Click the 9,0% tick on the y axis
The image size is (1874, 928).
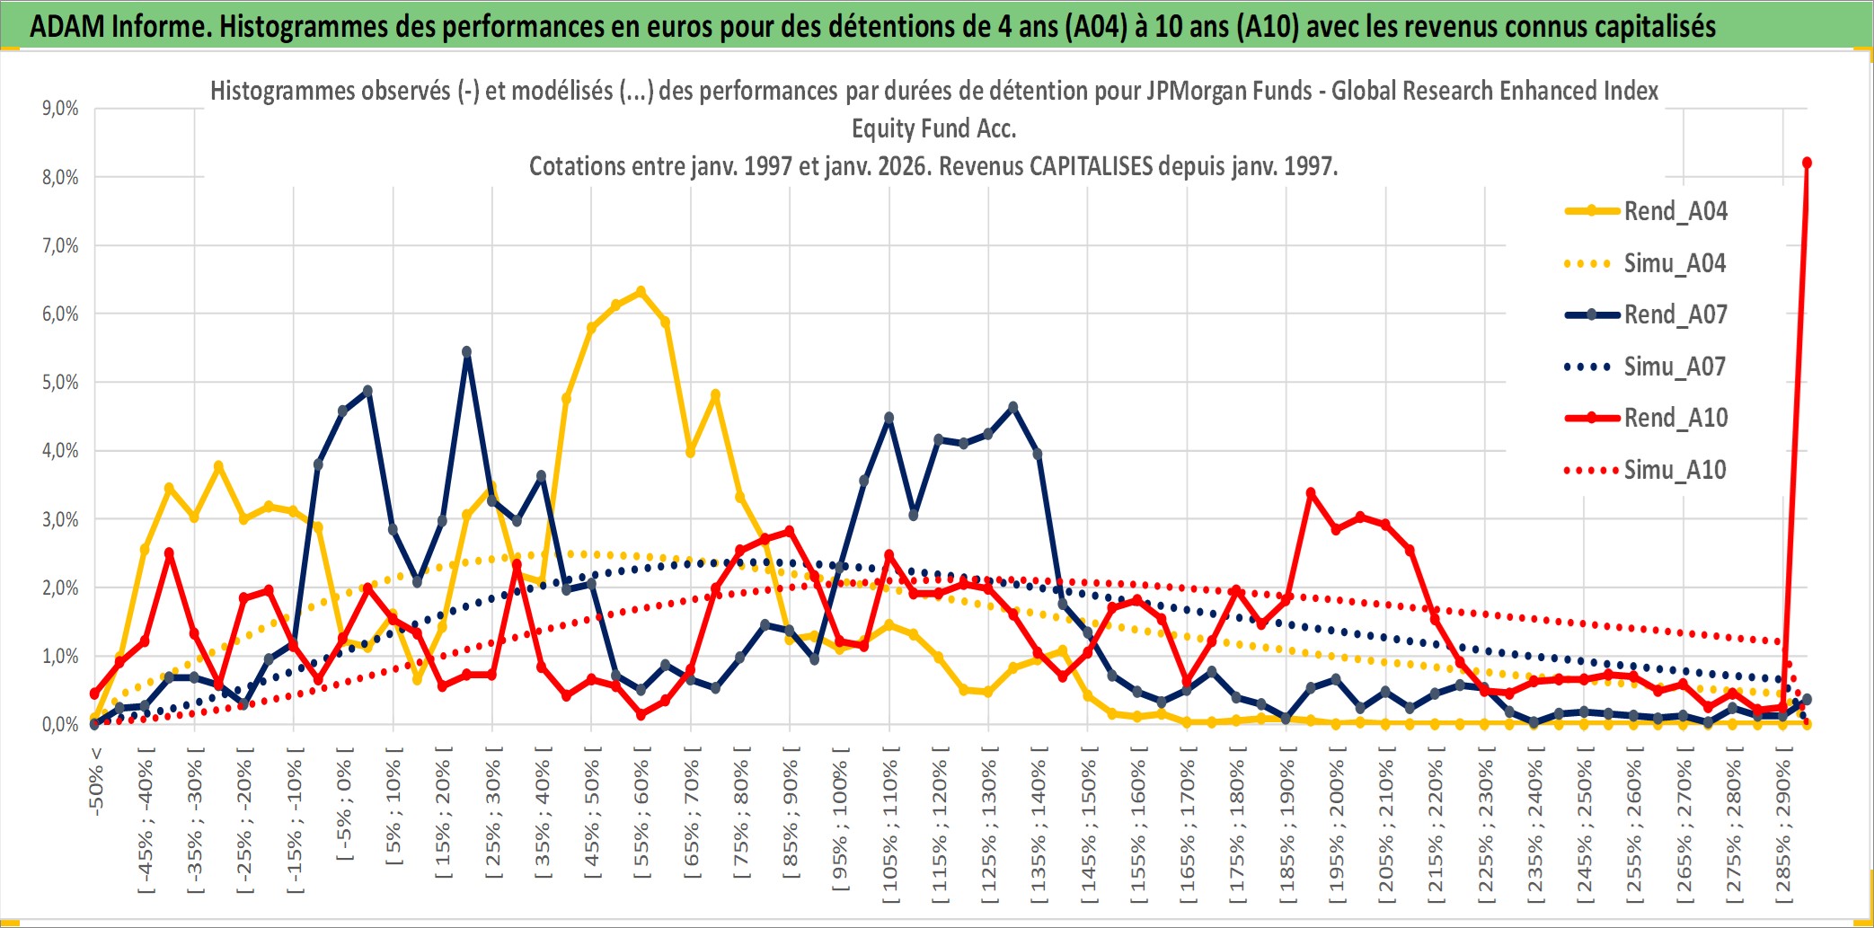click(x=60, y=109)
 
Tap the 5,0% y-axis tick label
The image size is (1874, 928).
click(x=60, y=383)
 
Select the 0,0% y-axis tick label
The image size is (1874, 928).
click(x=60, y=725)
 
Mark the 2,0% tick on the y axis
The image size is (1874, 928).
click(x=60, y=588)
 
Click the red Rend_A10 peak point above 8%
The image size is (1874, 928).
click(x=1807, y=163)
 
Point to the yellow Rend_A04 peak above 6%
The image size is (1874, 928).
click(x=641, y=291)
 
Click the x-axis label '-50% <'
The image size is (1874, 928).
click(x=96, y=782)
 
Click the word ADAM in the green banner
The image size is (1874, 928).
click(x=67, y=26)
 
